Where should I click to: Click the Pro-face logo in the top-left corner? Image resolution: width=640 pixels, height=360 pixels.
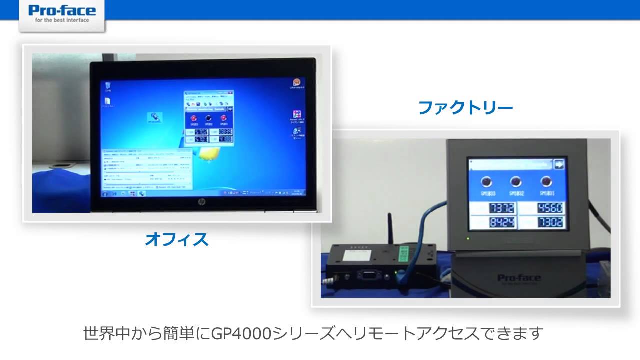[62, 13]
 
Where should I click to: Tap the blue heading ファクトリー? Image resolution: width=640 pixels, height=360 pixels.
[466, 108]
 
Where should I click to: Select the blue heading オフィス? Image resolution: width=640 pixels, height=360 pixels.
[177, 239]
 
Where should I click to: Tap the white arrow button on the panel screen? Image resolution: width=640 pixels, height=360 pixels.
[558, 165]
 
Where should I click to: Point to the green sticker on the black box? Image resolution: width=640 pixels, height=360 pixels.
[405, 254]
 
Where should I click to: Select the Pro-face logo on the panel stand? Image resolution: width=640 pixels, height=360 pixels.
[516, 278]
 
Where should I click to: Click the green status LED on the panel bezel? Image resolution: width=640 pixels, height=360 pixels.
[468, 237]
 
